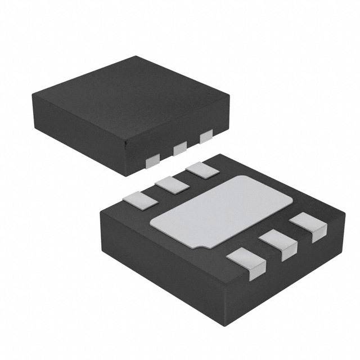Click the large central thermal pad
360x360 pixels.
click(222, 211)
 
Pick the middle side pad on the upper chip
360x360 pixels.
click(180, 148)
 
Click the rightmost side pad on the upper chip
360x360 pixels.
click(206, 136)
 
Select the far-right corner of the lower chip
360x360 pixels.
click(344, 211)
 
